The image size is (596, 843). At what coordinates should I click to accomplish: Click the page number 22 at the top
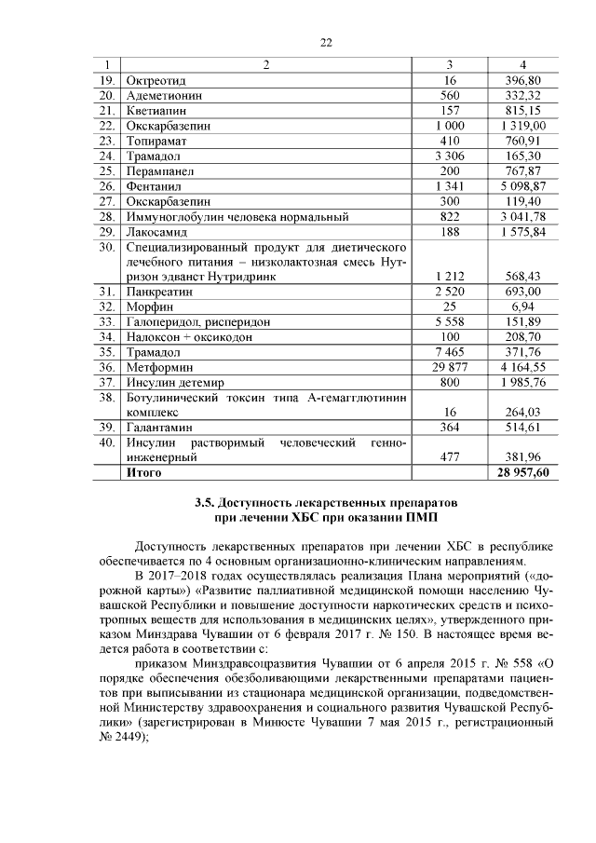[298, 42]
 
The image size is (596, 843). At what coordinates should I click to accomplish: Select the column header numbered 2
[266, 64]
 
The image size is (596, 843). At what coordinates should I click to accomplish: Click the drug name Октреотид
[154, 80]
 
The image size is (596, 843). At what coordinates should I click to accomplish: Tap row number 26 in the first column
[106, 186]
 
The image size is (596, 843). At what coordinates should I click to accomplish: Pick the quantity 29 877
[450, 368]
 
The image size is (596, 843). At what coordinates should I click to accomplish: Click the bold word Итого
[143, 473]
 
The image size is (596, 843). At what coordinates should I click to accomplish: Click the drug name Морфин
[149, 306]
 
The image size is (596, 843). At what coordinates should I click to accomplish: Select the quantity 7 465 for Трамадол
[450, 352]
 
